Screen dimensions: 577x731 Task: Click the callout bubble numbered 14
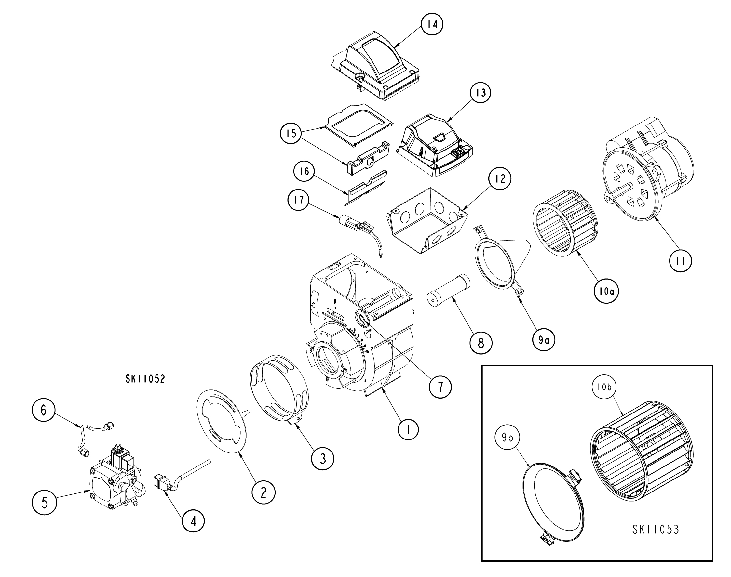(432, 24)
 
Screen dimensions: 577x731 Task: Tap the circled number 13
(481, 92)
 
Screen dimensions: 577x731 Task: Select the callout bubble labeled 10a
(606, 291)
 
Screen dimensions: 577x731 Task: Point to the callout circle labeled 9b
(507, 438)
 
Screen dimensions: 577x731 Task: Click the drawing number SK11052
(145, 379)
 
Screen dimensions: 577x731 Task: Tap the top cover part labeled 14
(375, 69)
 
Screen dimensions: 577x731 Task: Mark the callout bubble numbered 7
(440, 387)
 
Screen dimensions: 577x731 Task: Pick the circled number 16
(304, 171)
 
